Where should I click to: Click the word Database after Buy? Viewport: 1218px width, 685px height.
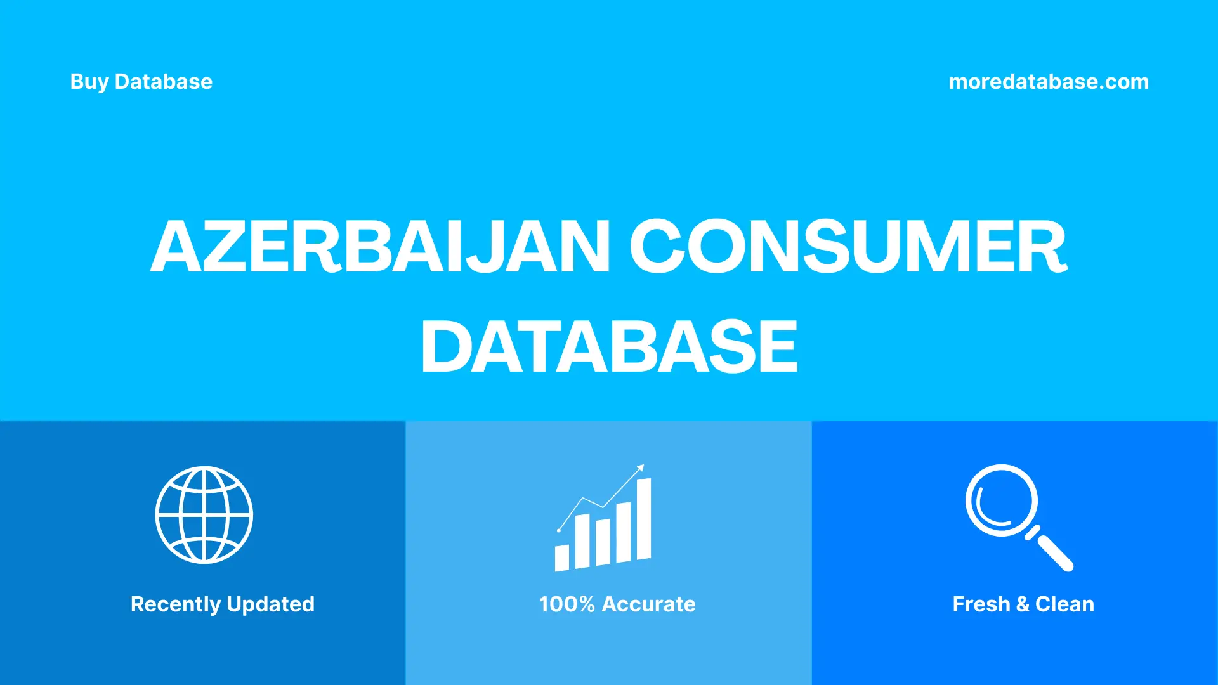point(163,82)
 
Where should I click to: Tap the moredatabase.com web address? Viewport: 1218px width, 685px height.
point(1048,82)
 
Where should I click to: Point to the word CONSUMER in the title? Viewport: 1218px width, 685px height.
point(848,247)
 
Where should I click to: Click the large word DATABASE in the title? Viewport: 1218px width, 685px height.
point(609,347)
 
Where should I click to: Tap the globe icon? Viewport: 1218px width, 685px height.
point(204,515)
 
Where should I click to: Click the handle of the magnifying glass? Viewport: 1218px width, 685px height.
point(1054,552)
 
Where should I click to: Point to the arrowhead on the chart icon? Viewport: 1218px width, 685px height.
point(641,468)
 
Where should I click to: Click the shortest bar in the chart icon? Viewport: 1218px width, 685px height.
point(561,558)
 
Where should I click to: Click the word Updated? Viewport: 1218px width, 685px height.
point(270,604)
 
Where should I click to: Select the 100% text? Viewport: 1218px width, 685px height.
point(566,604)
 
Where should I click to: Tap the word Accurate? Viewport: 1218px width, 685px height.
point(648,604)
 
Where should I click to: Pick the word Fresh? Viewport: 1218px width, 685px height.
point(981,604)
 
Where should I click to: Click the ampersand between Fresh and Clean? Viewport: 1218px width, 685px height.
point(1023,604)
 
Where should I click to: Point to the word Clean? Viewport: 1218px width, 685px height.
point(1064,604)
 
